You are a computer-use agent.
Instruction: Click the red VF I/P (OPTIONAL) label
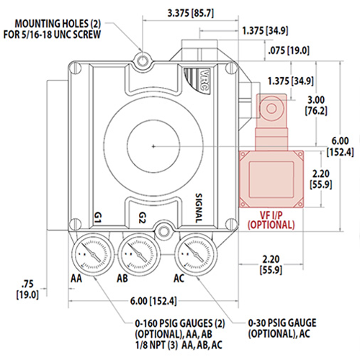coord(271,220)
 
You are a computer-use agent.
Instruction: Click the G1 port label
coord(100,216)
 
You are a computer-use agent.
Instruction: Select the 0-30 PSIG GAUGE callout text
coord(287,328)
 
